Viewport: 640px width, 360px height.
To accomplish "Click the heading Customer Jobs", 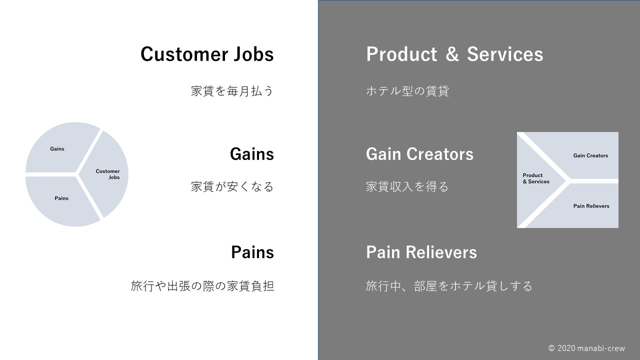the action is tap(207, 54).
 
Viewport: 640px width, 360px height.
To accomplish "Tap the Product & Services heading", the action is tap(454, 54).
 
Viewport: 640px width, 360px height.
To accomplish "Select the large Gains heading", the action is tap(251, 154).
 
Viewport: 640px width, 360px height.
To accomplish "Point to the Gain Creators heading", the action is tap(419, 154).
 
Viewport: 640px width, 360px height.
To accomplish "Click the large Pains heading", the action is tap(252, 252).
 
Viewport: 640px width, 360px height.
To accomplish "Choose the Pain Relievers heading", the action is tap(421, 252).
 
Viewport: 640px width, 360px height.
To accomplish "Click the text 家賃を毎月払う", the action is tap(232, 91).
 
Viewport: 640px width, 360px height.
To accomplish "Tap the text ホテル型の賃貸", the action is tap(407, 91).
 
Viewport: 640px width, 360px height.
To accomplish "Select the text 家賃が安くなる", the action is tap(232, 186).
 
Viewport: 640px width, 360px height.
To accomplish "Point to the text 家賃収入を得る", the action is tap(407, 186).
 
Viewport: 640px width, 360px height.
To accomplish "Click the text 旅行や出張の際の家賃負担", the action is tap(202, 286).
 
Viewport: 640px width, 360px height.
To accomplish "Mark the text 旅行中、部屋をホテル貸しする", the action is tap(449, 286).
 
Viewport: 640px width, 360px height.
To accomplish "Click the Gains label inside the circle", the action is tap(57, 149).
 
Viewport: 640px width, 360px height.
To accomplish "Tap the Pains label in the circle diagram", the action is tap(61, 198).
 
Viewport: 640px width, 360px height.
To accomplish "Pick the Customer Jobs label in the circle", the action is tap(107, 174).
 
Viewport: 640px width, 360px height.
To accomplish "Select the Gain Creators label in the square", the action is tap(590, 155).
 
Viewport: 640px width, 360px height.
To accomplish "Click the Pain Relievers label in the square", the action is tap(591, 206).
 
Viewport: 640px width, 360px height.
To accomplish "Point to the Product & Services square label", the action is tap(536, 178).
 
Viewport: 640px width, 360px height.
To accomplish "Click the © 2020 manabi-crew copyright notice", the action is tap(586, 348).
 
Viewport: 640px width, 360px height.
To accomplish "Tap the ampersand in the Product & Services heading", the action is tap(452, 54).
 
